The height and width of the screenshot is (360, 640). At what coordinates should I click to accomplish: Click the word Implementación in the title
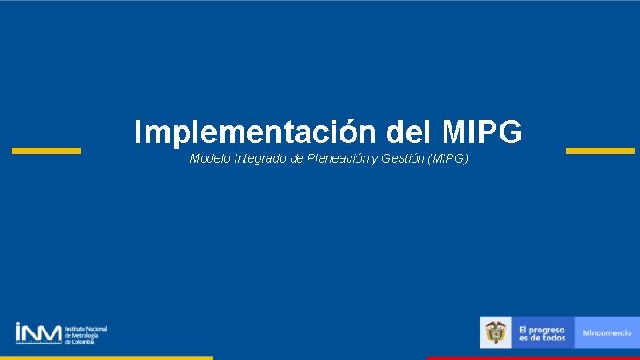click(256, 132)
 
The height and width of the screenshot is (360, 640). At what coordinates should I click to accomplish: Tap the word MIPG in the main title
click(481, 132)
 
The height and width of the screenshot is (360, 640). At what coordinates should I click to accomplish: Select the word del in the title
click(409, 132)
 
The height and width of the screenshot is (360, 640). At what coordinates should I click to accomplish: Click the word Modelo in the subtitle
click(210, 158)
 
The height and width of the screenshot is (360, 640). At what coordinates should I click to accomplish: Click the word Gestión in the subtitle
click(404, 158)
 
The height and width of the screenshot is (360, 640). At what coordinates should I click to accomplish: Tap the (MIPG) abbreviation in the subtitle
click(447, 158)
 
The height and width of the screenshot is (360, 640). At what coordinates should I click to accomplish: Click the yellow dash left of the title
click(45, 150)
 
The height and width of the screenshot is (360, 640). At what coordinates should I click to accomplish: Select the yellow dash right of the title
click(600, 150)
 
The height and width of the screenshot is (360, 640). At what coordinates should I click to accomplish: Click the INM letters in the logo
click(38, 332)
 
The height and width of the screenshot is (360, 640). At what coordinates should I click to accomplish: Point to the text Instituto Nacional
click(86, 328)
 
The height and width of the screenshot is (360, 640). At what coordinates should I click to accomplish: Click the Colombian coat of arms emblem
click(496, 332)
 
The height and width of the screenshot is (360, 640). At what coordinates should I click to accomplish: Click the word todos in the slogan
click(554, 338)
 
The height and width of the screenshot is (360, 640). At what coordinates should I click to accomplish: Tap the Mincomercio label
click(607, 332)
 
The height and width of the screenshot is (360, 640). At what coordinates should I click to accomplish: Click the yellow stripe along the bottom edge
click(107, 357)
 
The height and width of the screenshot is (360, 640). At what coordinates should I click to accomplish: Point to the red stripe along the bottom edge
click(533, 357)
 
